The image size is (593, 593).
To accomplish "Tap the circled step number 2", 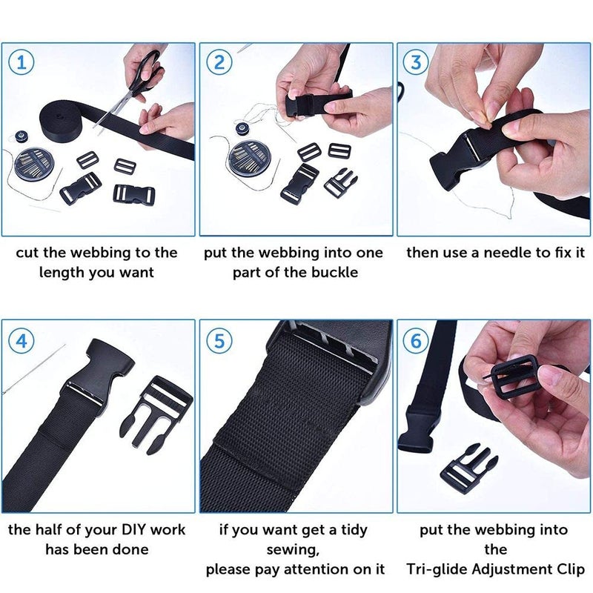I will (x=218, y=62).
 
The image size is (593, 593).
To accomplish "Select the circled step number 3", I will (x=417, y=62).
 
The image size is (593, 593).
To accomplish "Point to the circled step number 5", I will (x=218, y=341).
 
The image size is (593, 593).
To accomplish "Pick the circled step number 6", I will (x=417, y=341).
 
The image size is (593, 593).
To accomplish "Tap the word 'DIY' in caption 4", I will (x=119, y=530).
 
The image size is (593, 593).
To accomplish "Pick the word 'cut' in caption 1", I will (x=27, y=253).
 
